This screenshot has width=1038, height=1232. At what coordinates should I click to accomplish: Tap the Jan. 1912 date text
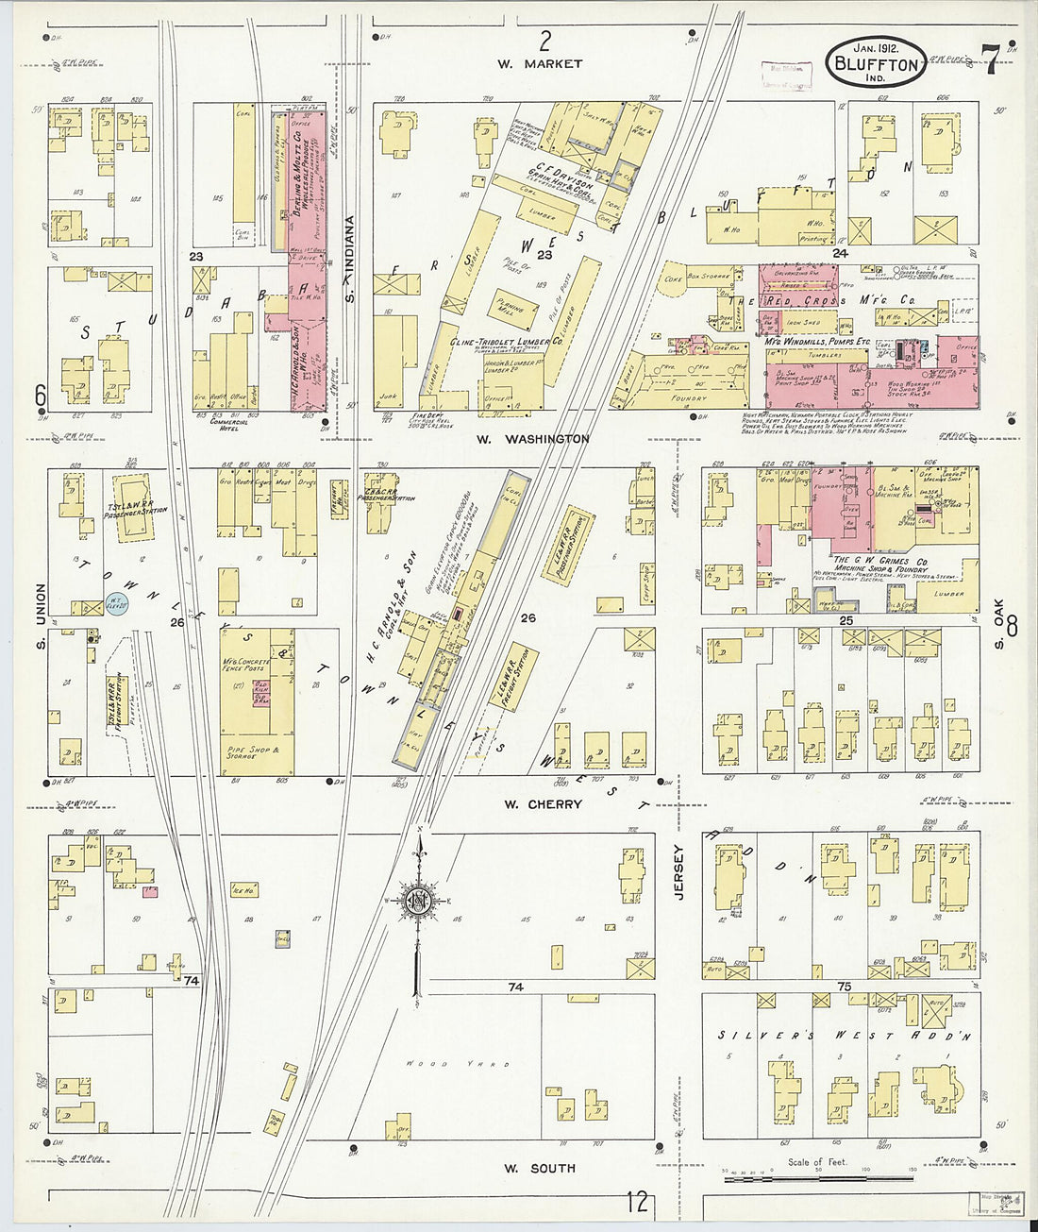pyautogui.click(x=876, y=46)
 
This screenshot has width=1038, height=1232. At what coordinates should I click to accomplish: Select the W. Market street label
pyautogui.click(x=541, y=64)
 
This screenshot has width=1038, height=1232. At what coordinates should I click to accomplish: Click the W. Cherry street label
pyautogui.click(x=543, y=804)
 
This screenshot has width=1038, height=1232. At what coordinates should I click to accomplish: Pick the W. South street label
pyautogui.click(x=538, y=1168)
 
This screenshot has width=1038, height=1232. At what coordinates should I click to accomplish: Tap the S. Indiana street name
pyautogui.click(x=348, y=260)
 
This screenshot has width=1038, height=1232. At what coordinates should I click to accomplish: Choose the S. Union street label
pyautogui.click(x=40, y=609)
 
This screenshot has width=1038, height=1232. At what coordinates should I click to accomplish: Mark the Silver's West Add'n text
pyautogui.click(x=844, y=1036)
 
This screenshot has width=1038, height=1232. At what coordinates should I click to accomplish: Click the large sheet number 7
pyautogui.click(x=990, y=60)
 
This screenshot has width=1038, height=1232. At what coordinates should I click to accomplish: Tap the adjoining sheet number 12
pyautogui.click(x=637, y=1202)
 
